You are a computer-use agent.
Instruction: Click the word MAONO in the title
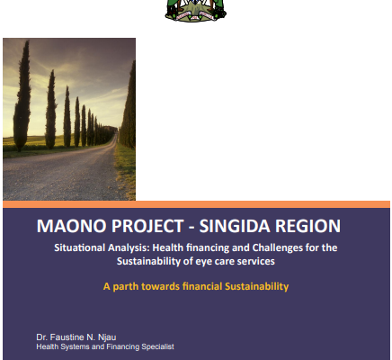72,226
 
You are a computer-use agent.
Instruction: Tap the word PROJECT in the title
147,226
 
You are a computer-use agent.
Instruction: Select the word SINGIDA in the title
235,226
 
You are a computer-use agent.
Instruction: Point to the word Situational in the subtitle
80,247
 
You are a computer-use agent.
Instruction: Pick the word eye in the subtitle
202,262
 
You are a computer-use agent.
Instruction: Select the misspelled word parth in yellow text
126,286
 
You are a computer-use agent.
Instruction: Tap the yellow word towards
161,286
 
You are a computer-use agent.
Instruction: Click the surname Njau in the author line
107,337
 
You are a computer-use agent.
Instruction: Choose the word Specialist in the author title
157,346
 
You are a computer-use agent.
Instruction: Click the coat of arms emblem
196,11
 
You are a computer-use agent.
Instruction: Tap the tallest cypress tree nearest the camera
22,96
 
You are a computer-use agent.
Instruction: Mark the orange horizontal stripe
196,204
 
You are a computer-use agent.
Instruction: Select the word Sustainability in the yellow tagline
257,286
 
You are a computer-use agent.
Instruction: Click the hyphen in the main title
192,227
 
